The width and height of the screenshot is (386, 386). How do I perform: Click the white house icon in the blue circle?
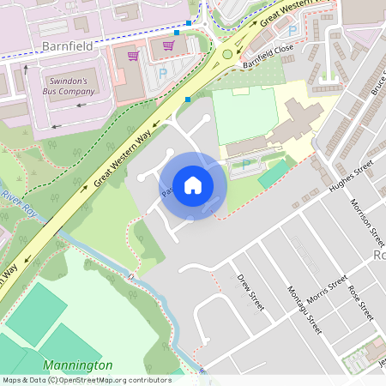coord(192,185)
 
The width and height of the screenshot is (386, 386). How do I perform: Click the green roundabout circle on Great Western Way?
coord(226,54)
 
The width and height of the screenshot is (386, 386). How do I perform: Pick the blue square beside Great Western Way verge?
coord(187,100)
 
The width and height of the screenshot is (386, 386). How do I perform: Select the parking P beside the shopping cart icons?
coord(162,72)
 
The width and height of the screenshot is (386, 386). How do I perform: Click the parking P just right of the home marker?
coord(246,164)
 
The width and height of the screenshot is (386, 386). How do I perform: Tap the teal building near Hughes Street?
coord(274,173)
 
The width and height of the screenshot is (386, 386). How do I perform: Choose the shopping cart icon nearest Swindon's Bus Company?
coord(133,56)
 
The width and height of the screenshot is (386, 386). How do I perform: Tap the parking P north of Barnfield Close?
coord(293,30)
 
